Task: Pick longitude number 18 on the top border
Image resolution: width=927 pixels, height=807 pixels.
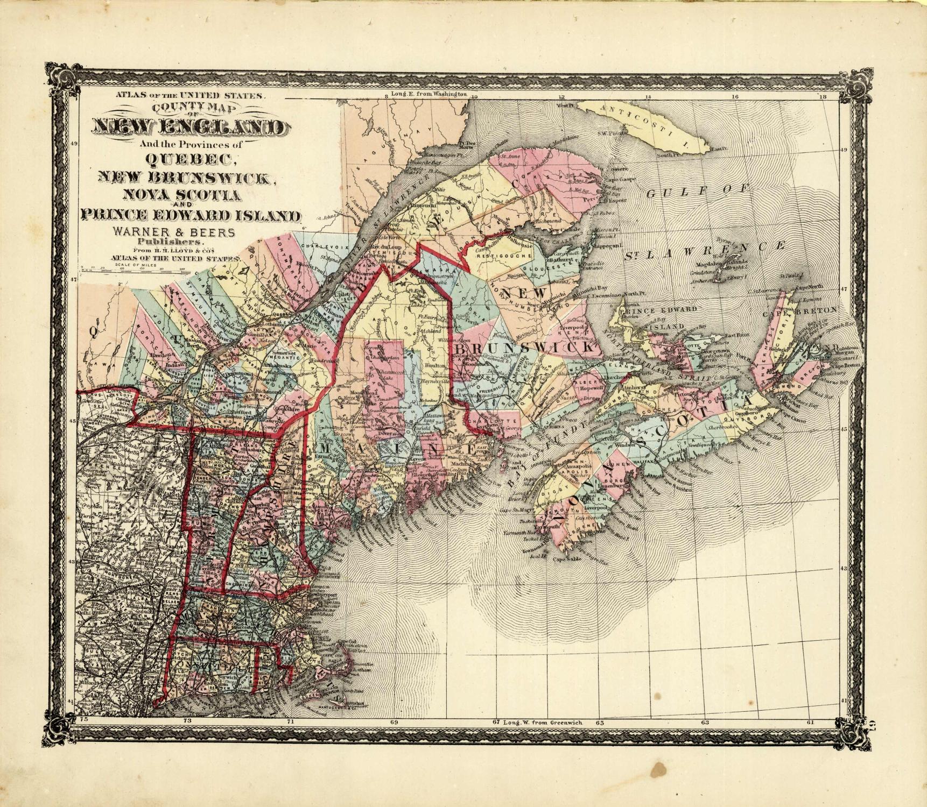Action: (x=821, y=97)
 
